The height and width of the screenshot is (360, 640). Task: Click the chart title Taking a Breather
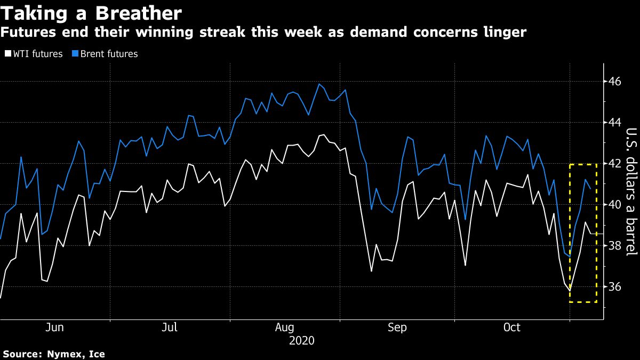click(x=91, y=12)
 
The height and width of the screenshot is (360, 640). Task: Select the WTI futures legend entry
click(x=34, y=53)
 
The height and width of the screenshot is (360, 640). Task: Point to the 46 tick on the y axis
click(x=614, y=82)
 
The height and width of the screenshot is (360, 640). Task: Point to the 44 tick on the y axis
click(x=614, y=123)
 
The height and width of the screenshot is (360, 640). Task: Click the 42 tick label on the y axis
click(x=614, y=164)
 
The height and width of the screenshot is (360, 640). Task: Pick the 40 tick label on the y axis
click(x=614, y=205)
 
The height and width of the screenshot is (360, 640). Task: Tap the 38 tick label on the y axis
click(x=614, y=246)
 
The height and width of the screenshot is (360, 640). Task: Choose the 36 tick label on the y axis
click(x=614, y=287)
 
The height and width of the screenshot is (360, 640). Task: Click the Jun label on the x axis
click(x=55, y=327)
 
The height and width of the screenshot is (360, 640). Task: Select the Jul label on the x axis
click(x=170, y=327)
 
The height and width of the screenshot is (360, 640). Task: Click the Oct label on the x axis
click(x=512, y=327)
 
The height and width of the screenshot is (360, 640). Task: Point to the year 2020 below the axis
click(x=302, y=340)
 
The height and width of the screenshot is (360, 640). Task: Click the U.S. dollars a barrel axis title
click(x=631, y=192)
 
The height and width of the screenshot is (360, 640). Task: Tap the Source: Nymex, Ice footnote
click(x=54, y=354)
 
